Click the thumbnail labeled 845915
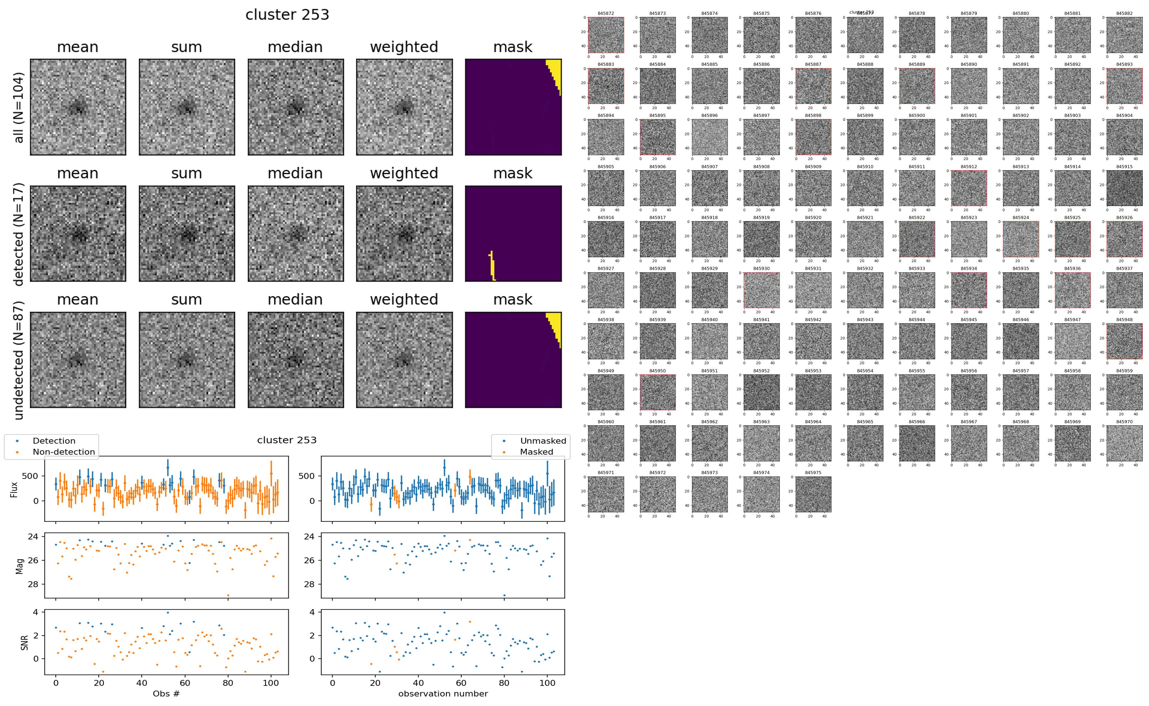(x=1124, y=188)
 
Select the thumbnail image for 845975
(x=813, y=494)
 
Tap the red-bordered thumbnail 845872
(x=606, y=35)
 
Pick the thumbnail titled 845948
(x=1124, y=341)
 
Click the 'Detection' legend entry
(x=54, y=441)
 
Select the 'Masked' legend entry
(x=536, y=451)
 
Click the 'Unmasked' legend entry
(x=543, y=441)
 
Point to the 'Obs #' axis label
(x=166, y=693)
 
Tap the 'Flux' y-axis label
(x=14, y=489)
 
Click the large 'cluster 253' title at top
(x=287, y=15)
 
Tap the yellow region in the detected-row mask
(x=492, y=266)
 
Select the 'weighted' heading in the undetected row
(x=404, y=299)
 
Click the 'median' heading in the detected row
(x=295, y=173)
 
